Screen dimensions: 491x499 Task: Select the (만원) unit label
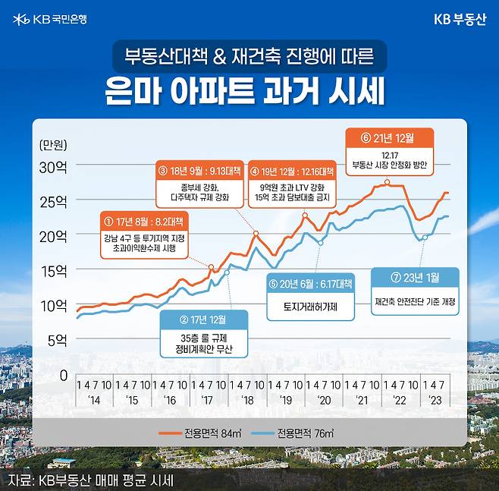click(52, 144)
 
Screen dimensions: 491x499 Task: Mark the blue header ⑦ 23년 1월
click(415, 278)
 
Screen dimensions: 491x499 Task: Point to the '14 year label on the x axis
click(94, 400)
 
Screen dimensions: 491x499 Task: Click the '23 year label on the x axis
click(435, 400)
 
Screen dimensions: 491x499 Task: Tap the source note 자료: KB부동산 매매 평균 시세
click(91, 480)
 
